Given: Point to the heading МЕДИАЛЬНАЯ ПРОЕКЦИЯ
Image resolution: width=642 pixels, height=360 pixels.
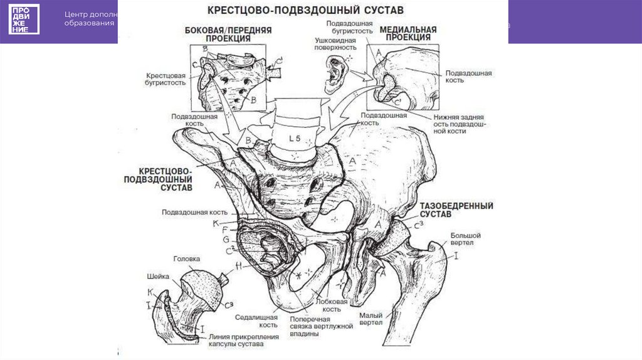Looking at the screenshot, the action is point(411,33).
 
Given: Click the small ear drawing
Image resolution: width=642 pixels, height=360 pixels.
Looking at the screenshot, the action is point(334,70).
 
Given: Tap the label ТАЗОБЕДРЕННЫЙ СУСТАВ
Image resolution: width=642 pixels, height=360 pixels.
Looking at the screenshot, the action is point(456,210).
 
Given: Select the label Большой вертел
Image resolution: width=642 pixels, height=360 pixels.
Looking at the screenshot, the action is point(465,239).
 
